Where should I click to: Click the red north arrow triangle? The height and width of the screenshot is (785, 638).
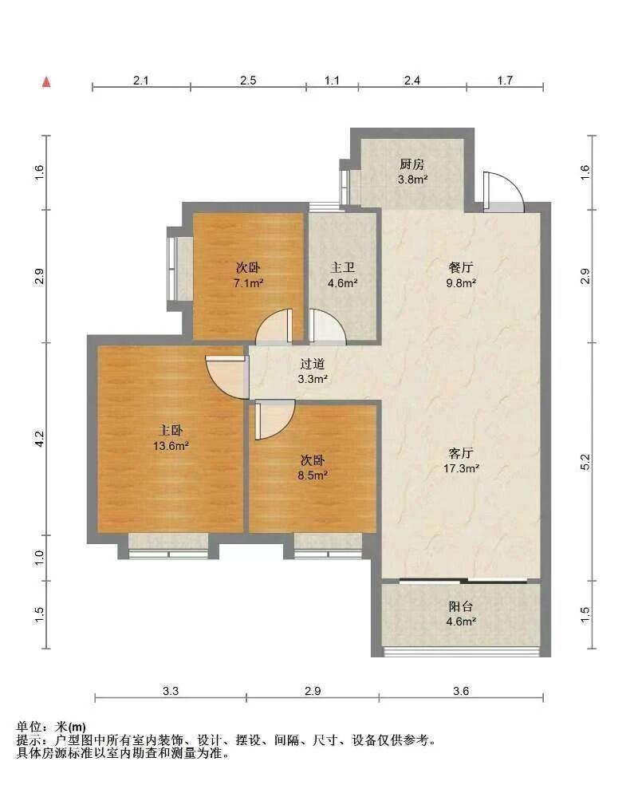46,82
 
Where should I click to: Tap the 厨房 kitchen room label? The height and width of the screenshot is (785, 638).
412,164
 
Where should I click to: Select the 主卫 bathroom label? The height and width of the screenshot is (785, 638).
342,268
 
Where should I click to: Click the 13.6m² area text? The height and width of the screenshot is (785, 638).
171,446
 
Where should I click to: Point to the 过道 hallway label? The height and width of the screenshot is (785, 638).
313,364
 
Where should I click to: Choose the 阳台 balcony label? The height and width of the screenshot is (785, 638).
460,606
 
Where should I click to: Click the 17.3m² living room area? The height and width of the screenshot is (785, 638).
461,468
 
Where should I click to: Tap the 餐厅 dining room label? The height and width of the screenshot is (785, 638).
460,267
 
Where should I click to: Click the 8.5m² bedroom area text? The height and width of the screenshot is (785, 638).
313,475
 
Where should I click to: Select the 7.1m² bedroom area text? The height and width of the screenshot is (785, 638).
248,283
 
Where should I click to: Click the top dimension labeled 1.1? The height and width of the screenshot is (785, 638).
332,81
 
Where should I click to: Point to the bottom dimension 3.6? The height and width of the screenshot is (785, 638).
461,691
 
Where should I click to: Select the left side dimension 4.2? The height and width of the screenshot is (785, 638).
40,439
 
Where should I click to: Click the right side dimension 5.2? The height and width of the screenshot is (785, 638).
585,462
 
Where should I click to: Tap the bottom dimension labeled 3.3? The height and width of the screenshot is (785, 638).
171,691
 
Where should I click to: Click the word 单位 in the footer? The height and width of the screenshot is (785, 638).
29,727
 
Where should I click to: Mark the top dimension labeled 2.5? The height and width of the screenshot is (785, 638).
248,81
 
